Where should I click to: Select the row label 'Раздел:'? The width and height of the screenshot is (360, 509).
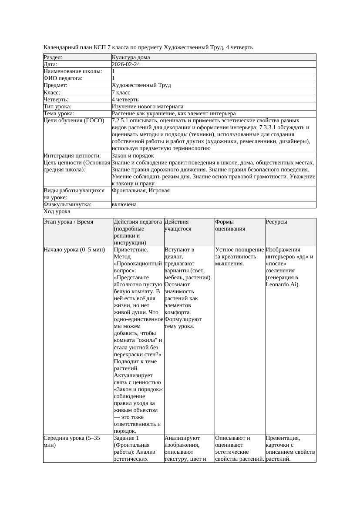coord(53,57)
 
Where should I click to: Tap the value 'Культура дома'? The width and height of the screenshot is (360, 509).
coord(131,57)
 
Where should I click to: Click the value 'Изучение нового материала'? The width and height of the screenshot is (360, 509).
coord(148,107)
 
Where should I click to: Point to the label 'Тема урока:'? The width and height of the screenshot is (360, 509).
coord(59,114)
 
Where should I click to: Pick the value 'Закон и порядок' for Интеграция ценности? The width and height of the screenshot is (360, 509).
coord(132,156)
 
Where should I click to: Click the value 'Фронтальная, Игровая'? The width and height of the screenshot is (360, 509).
coord(141,191)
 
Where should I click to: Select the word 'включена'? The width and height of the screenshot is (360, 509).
coord(124,204)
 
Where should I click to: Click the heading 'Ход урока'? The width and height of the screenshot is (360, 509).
coord(57,211)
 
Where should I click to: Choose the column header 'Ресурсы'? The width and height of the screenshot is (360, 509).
coord(276,222)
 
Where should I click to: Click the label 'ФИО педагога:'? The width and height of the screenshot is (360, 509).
coord(63,78)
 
